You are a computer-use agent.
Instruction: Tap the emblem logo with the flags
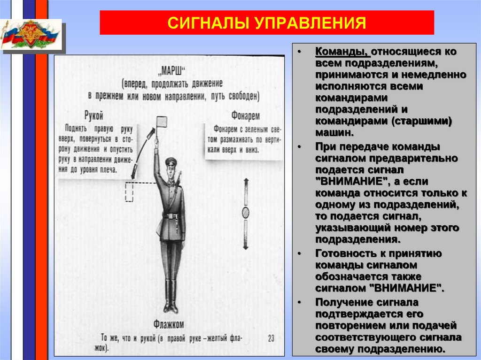(31, 35)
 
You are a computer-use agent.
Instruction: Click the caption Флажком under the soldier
(168, 323)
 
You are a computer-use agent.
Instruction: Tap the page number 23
(271, 337)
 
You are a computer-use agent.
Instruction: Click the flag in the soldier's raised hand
(162, 123)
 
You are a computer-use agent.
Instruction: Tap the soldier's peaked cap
(171, 161)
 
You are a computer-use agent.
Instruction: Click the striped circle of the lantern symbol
(245, 213)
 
